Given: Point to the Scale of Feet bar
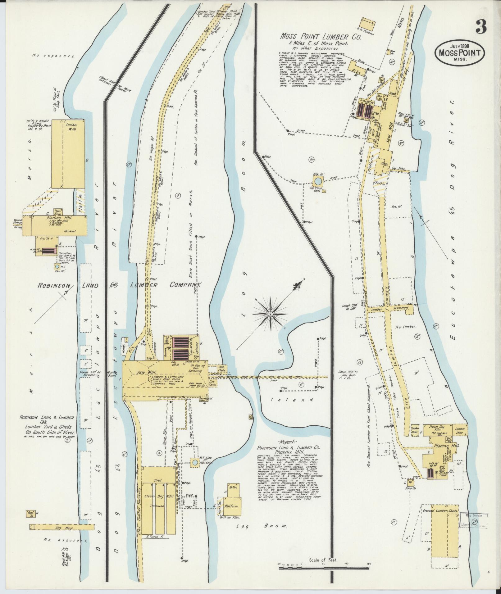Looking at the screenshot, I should [x=324, y=568].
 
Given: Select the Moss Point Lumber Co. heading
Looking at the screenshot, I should [x=320, y=37].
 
